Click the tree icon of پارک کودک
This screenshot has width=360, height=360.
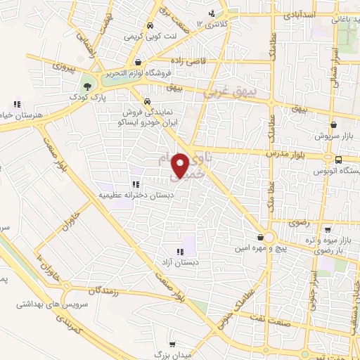87,86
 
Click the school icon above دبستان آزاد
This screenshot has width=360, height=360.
179,251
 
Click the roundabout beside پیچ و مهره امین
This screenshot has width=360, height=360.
268,237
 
